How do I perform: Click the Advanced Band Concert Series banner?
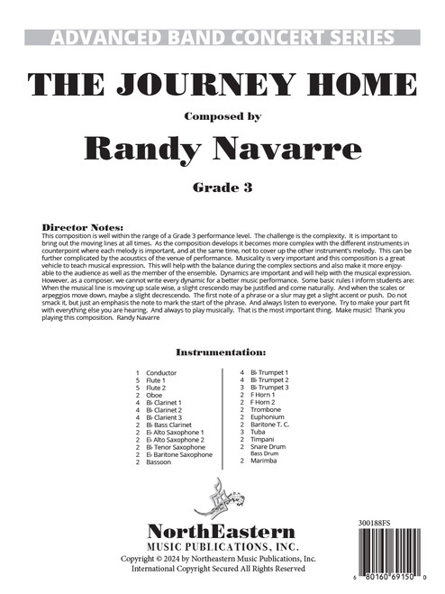pos(222,37)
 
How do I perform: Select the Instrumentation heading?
pos(221,350)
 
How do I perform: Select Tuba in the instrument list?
pos(259,429)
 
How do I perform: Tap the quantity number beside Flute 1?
pos(138,379)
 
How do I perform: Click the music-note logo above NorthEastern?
pos(222,499)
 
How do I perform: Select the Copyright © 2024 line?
pos(222,559)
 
